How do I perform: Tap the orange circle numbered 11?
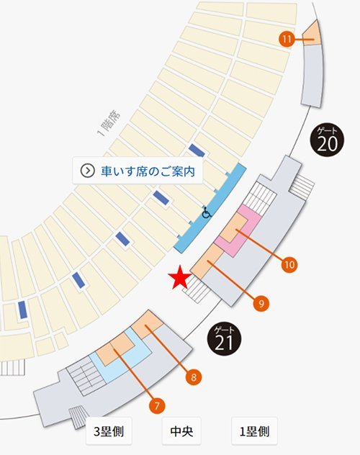click(x=287, y=39)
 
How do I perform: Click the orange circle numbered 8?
click(x=193, y=375)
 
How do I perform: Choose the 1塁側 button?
click(x=254, y=433)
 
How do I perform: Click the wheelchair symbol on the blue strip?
click(x=206, y=212)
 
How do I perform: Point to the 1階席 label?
click(x=109, y=123)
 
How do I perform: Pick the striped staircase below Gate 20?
click(x=302, y=188)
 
